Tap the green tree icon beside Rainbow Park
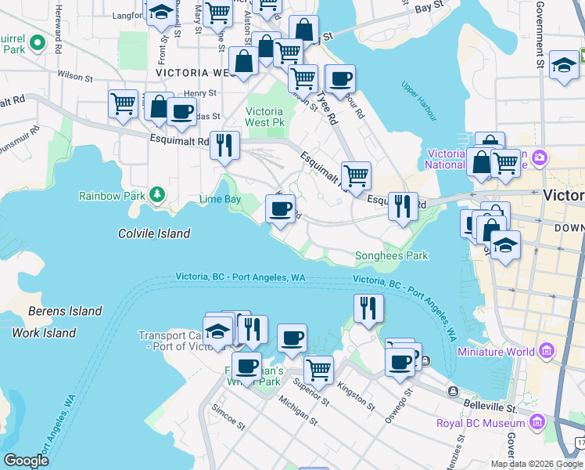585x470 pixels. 157,193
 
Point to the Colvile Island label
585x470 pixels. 154,233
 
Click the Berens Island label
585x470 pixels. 65,311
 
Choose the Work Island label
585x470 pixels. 44,333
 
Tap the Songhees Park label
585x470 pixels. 391,255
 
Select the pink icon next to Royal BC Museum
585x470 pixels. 537,423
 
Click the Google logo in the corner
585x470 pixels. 27,461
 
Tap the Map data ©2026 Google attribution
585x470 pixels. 536,464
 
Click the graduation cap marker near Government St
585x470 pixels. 564,66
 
